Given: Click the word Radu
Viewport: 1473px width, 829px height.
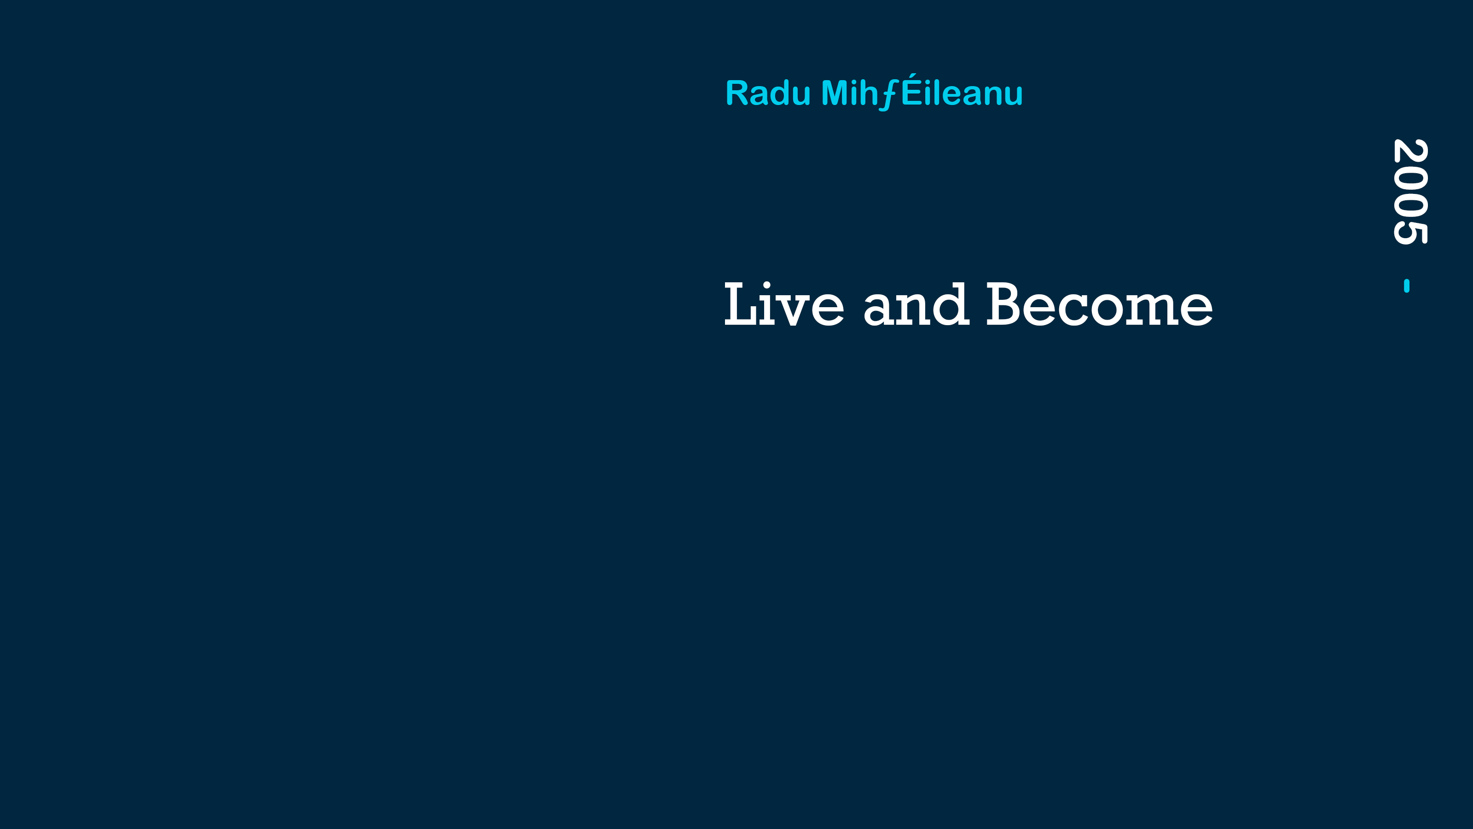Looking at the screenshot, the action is pyautogui.click(x=768, y=93).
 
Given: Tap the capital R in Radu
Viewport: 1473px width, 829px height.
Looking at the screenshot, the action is pyautogui.click(x=737, y=93).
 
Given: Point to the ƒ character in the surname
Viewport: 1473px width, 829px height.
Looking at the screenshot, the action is pyautogui.click(x=889, y=94).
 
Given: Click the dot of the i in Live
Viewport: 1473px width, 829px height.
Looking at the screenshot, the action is pyautogui.click(x=767, y=285).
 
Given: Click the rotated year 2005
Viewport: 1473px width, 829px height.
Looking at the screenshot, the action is pyautogui.click(x=1410, y=192).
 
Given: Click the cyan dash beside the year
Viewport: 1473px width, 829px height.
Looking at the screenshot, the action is pyautogui.click(x=1407, y=286).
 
